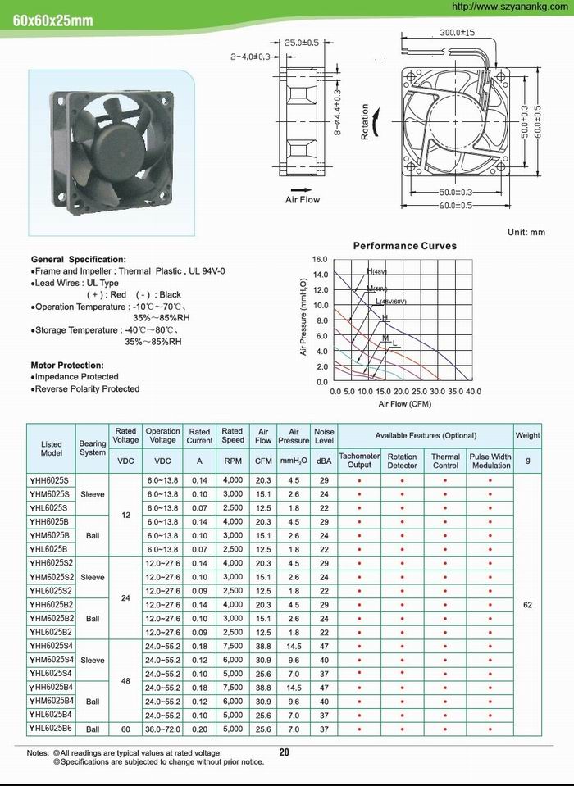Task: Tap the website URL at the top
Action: coord(509,7)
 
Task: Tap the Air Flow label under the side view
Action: coord(303,199)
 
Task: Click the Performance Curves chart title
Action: coord(404,245)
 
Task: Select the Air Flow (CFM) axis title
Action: coord(404,404)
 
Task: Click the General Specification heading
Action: coord(78,259)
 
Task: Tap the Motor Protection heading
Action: coord(66,365)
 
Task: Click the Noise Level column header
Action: coord(324,435)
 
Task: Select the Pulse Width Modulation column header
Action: coord(490,461)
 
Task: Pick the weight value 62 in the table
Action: coord(527,604)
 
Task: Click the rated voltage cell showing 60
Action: coord(125,728)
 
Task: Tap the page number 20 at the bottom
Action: coord(285,752)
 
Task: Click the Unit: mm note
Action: coord(526,233)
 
